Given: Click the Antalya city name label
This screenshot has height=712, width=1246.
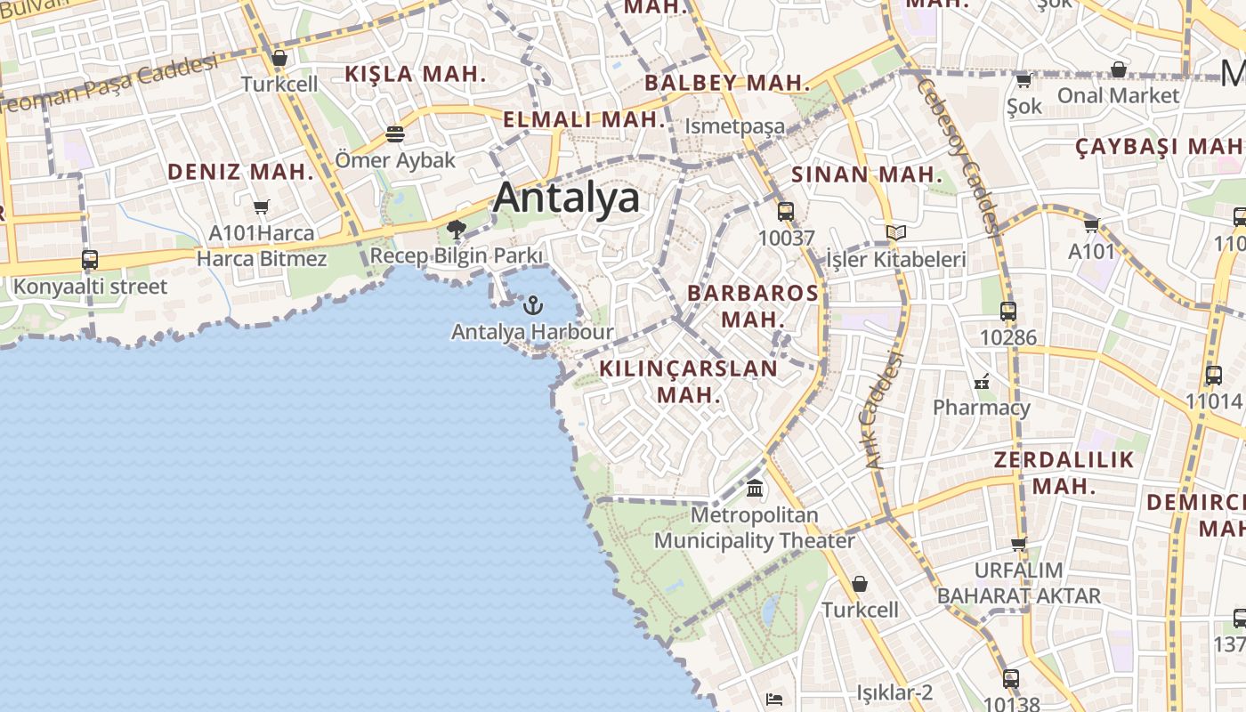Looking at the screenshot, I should [x=566, y=198].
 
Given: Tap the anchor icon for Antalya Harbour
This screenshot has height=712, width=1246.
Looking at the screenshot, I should [x=532, y=305].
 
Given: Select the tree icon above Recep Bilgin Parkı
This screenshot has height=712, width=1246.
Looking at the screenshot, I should [x=457, y=231].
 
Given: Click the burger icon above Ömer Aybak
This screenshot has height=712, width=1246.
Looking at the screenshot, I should [x=395, y=134].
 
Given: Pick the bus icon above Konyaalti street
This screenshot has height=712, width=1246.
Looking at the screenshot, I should [x=90, y=260].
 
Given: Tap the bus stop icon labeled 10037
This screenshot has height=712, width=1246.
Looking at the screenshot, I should [x=786, y=212].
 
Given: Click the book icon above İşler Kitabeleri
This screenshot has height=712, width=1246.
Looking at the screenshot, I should [x=895, y=233].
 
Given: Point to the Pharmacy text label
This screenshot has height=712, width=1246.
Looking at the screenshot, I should [x=981, y=408].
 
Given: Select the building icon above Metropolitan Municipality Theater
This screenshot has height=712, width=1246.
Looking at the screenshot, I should [x=755, y=488].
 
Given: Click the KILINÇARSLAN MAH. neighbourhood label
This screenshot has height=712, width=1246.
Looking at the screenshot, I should [x=688, y=381].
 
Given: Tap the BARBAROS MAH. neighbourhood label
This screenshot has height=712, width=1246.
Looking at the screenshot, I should [x=753, y=305].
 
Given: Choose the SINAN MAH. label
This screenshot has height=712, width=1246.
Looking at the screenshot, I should [x=866, y=174].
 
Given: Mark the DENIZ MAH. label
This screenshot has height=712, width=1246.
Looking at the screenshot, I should [x=240, y=172].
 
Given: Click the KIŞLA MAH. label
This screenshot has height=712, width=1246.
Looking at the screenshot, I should [x=415, y=74].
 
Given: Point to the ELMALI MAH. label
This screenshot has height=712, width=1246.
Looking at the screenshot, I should [x=584, y=119].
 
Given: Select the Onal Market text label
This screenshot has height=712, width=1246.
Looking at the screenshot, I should [x=1118, y=94].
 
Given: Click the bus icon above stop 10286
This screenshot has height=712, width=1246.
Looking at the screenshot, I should [x=1008, y=311].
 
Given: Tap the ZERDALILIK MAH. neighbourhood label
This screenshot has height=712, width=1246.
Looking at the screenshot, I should [x=1064, y=473].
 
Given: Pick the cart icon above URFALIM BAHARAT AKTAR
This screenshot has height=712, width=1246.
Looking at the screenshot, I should [x=1019, y=544].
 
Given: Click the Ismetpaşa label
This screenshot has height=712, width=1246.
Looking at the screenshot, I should [x=734, y=126].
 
